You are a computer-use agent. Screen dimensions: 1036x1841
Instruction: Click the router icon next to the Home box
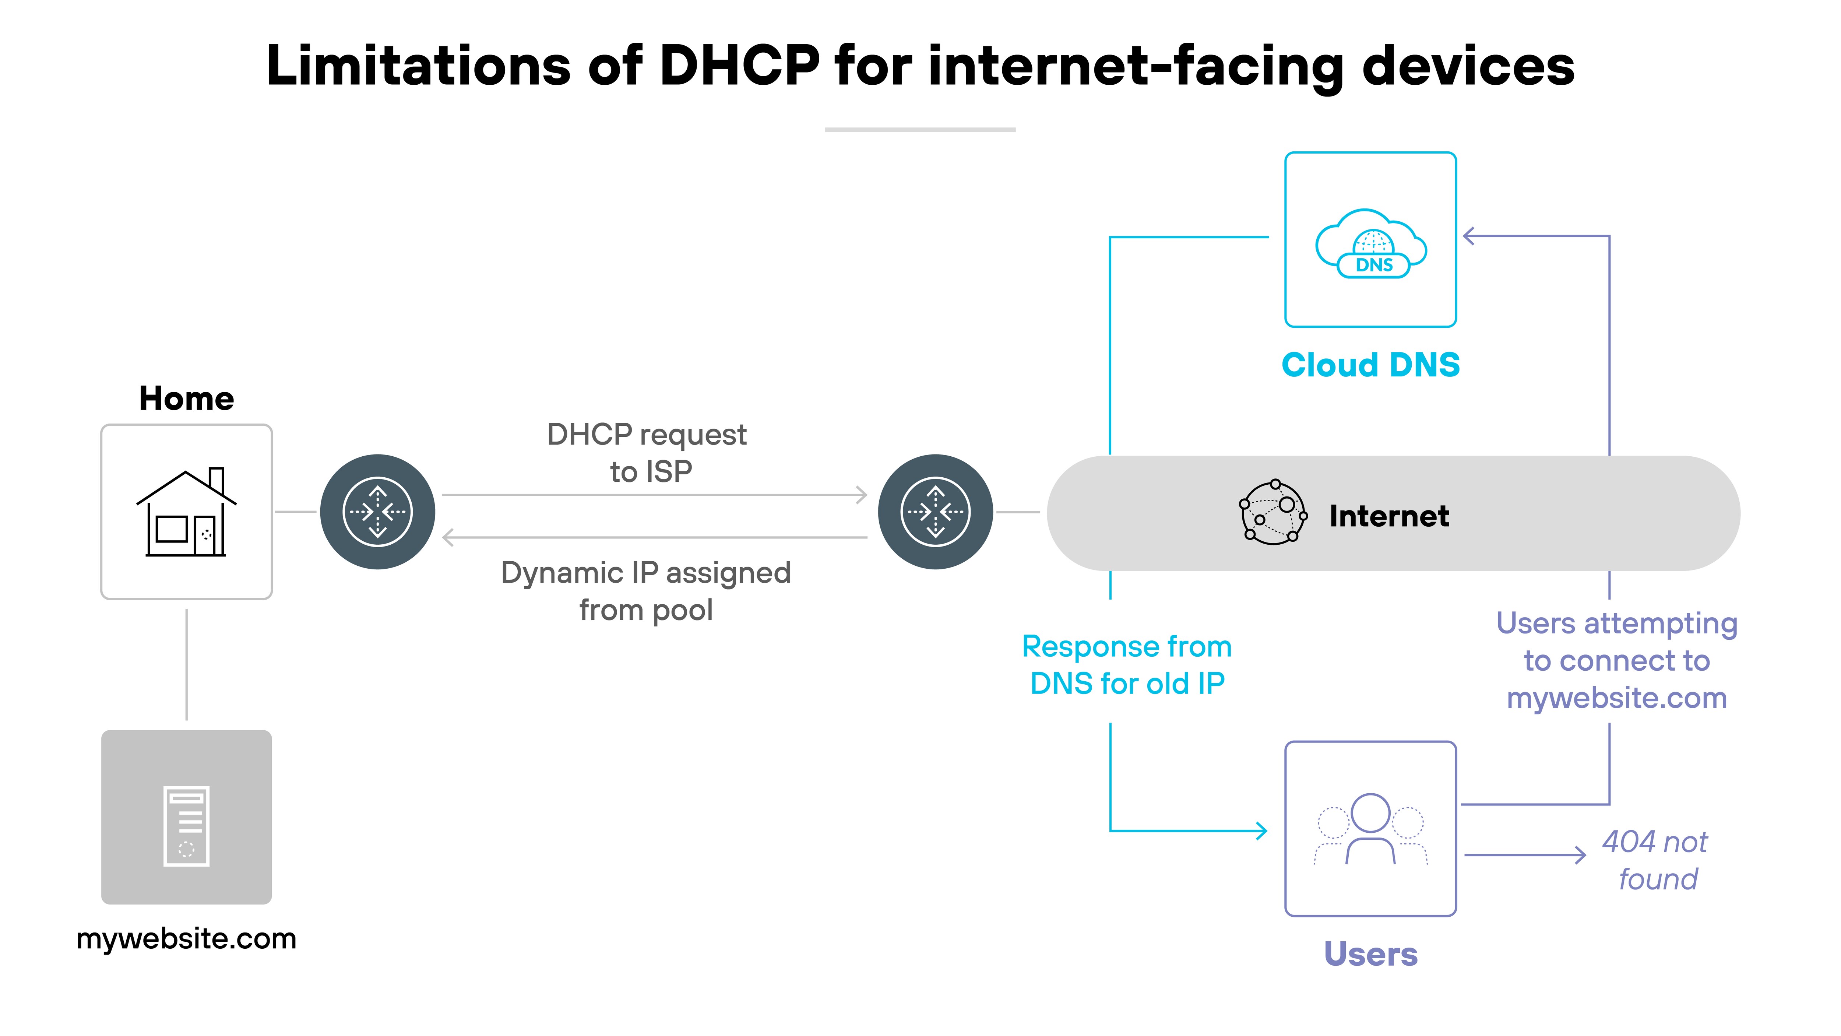(377, 512)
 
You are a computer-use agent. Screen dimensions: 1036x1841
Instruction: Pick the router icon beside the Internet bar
(936, 512)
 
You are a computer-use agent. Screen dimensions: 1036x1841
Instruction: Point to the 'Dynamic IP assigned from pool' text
(646, 591)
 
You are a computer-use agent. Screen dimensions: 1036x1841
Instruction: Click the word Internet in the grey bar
(1388, 516)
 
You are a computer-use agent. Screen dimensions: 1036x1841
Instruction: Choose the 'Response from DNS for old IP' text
(1127, 665)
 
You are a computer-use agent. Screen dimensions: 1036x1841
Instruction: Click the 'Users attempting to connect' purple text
(1617, 661)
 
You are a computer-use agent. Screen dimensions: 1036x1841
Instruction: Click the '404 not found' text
(1656, 860)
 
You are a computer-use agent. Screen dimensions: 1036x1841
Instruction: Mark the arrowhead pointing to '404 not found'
(1580, 855)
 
